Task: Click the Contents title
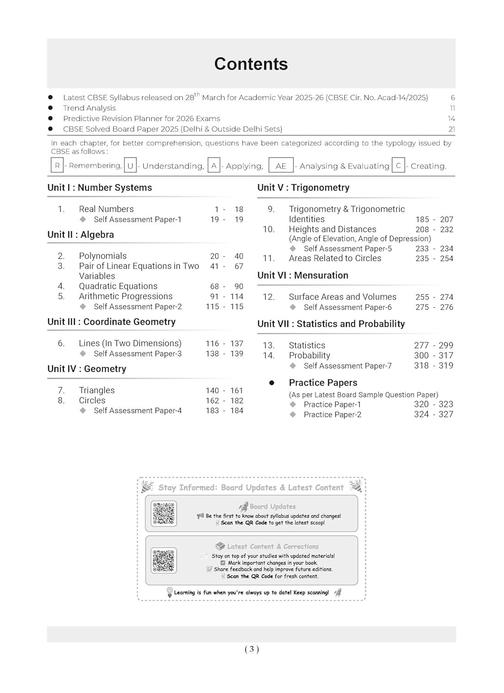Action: (x=251, y=64)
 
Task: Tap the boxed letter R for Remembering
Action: (x=57, y=165)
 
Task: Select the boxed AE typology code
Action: (x=281, y=166)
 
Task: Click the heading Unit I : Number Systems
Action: (x=99, y=188)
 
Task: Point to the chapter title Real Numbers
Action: (x=106, y=209)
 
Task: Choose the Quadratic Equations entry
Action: (x=118, y=286)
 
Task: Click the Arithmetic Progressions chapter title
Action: (x=126, y=297)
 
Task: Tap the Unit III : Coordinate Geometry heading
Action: (x=111, y=322)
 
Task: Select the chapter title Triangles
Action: (x=97, y=390)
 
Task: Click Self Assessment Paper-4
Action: (x=138, y=411)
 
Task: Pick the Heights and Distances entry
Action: (x=333, y=230)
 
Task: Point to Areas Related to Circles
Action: (x=335, y=259)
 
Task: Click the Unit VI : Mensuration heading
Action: (x=303, y=276)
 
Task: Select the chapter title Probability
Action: (x=310, y=356)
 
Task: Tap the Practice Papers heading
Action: (x=323, y=383)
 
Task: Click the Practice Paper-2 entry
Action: (x=333, y=415)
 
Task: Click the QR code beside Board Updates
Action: (x=164, y=513)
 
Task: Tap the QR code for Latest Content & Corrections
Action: (x=164, y=560)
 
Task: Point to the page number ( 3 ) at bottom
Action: (x=252, y=649)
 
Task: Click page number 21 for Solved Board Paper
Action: (x=452, y=129)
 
